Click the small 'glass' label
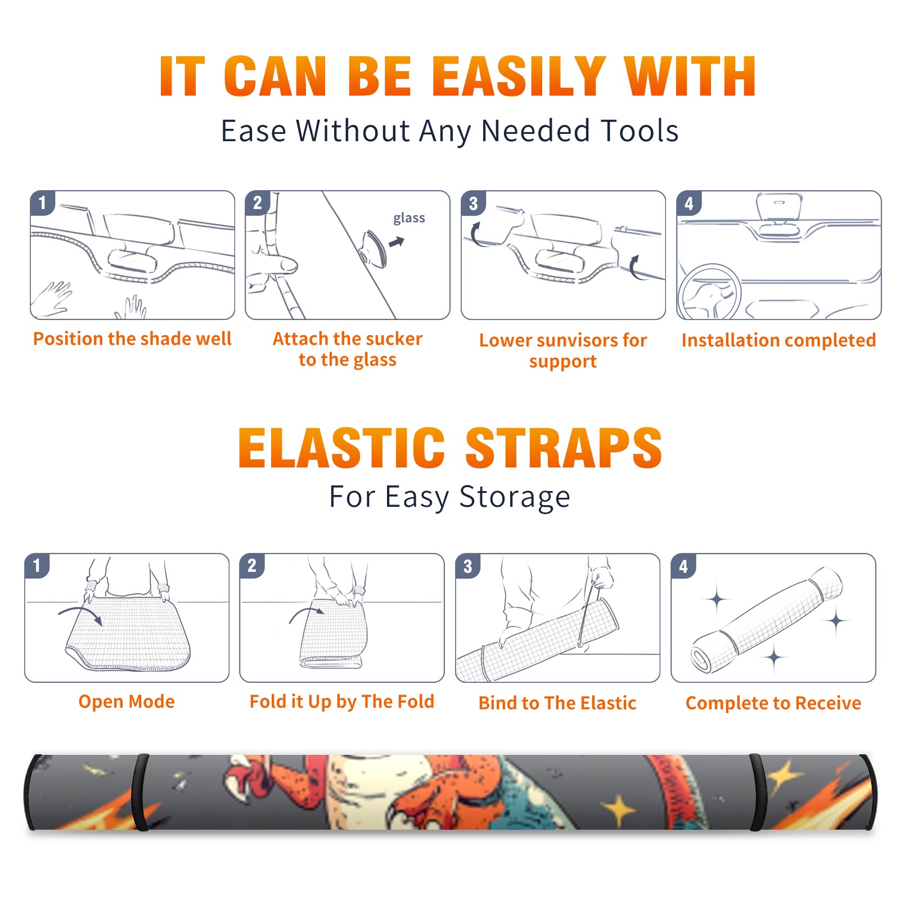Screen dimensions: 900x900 (x=409, y=218)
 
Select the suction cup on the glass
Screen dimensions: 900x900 (x=374, y=248)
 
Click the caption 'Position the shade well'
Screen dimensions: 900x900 (x=132, y=339)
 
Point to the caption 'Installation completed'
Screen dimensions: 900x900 (x=778, y=340)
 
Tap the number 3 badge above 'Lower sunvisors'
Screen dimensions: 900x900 (x=473, y=204)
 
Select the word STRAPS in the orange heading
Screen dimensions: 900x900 (x=564, y=448)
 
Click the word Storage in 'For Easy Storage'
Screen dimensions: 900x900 (x=515, y=497)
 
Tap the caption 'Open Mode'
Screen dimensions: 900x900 (x=127, y=701)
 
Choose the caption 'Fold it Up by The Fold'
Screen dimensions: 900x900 (x=342, y=701)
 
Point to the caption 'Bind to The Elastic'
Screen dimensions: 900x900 (x=557, y=703)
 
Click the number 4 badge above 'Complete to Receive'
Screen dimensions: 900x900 (x=683, y=566)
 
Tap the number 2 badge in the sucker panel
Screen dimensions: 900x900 (x=258, y=203)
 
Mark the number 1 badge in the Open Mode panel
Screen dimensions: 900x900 (x=37, y=566)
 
